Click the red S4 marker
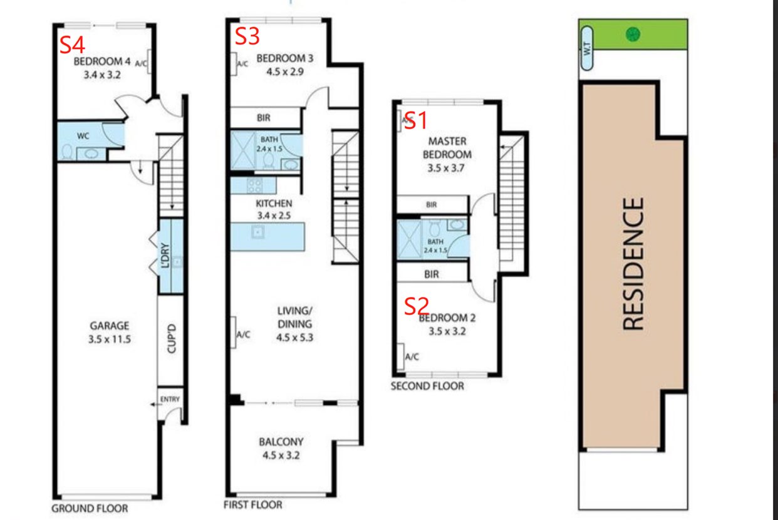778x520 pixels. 72,45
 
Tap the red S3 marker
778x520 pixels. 247,36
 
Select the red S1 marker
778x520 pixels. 416,121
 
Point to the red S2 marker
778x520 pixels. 417,306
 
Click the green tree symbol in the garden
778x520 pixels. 633,34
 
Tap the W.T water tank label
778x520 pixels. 586,49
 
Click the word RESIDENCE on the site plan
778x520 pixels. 633,264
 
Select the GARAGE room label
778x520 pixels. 110,326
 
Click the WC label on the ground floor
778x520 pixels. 83,136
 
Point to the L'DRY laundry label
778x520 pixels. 165,256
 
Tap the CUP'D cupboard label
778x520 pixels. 172,339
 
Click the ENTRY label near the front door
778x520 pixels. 170,400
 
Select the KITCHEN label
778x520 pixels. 274,203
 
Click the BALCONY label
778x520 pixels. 281,442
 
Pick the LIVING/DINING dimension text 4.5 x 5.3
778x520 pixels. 294,337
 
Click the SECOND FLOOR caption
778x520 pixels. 427,386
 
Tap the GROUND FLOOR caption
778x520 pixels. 90,509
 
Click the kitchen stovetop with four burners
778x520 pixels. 254,185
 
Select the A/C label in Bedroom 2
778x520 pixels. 412,356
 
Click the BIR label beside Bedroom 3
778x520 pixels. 263,118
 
